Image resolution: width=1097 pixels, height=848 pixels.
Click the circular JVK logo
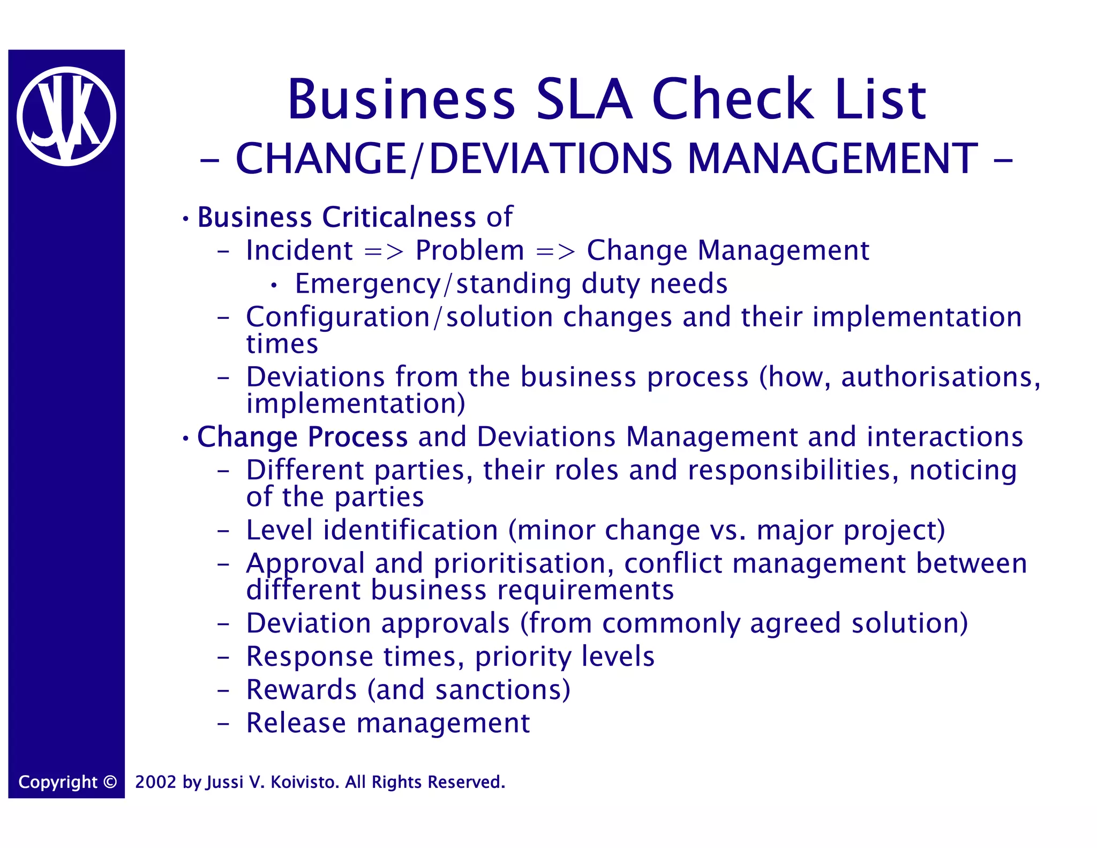pos(66,116)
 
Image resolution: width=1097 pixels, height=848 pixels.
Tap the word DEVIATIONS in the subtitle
pos(551,159)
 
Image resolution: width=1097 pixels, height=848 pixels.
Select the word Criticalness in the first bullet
pos(399,217)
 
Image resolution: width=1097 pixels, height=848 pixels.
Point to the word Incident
pos(299,250)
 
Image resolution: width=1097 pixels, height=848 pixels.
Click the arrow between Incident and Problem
pos(384,251)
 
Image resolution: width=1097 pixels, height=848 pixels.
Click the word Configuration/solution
pos(399,317)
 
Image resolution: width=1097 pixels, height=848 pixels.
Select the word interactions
pos(945,436)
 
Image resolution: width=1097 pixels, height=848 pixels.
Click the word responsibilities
pos(792,470)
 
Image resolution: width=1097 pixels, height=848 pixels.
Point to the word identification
pos(410,530)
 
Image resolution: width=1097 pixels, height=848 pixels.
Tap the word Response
pos(309,657)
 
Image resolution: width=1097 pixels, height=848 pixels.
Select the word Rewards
pos(301,690)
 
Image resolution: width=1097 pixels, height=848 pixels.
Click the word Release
pos(296,723)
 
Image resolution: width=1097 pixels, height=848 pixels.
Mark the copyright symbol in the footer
pos(110,782)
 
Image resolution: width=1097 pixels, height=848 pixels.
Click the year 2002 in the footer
pos(155,782)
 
